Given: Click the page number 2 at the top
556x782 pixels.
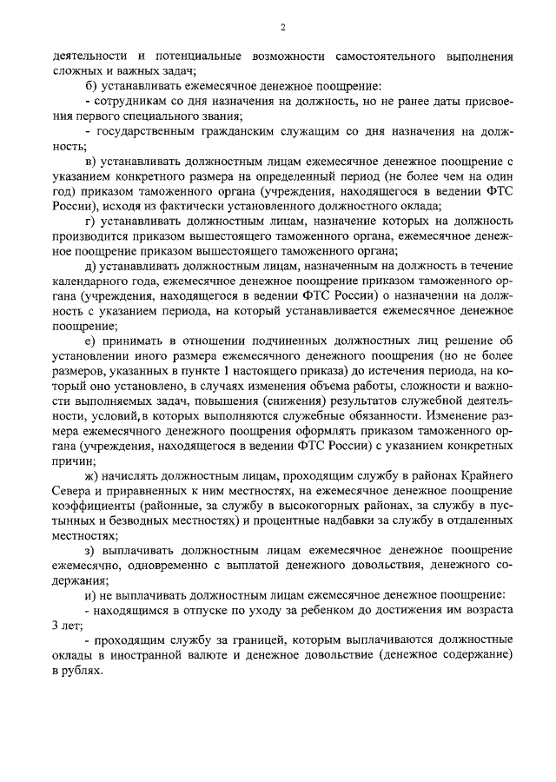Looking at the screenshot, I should point(283,27).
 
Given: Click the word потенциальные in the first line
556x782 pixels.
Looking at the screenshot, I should point(189,56).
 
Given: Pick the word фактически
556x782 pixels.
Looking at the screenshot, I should point(228,207).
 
